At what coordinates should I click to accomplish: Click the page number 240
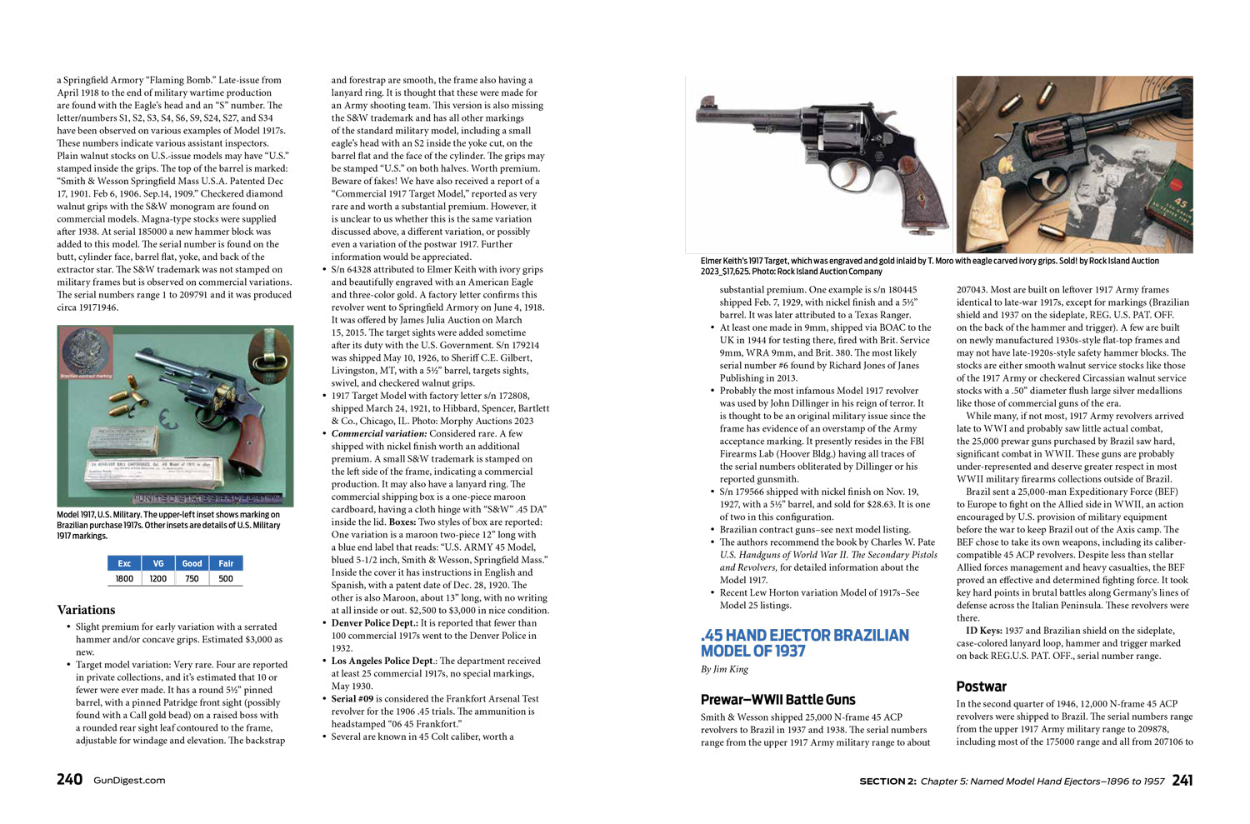pyautogui.click(x=69, y=780)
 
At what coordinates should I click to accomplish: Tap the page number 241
pyautogui.click(x=1182, y=780)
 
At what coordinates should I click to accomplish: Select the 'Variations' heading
pyautogui.click(x=86, y=610)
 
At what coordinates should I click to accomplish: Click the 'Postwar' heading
pyautogui.click(x=981, y=687)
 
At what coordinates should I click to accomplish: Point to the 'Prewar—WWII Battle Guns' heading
pyautogui.click(x=777, y=700)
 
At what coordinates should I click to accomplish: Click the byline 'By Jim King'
pyautogui.click(x=724, y=670)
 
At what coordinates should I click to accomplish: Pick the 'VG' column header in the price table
pyautogui.click(x=158, y=563)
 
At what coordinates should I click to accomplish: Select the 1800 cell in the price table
pyautogui.click(x=124, y=578)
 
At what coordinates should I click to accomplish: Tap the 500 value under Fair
pyautogui.click(x=226, y=578)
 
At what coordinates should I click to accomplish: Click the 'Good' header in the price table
pyautogui.click(x=192, y=563)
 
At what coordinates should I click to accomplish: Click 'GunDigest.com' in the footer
pyautogui.click(x=129, y=781)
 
